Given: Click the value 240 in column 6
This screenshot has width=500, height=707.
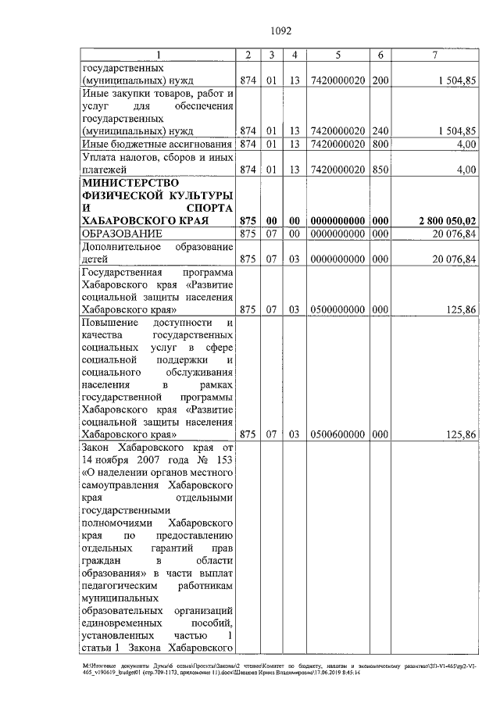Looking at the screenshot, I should click(x=380, y=130).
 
